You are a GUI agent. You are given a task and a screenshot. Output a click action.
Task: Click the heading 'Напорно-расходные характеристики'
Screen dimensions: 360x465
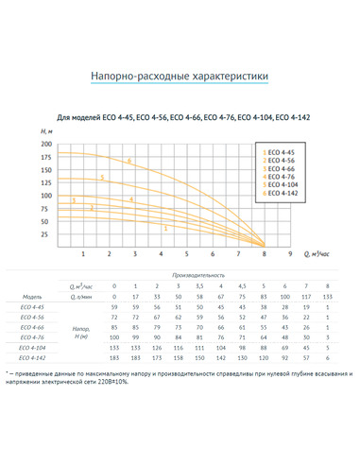pos(180,75)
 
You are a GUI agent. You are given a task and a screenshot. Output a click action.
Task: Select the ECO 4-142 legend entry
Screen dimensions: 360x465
pos(282,192)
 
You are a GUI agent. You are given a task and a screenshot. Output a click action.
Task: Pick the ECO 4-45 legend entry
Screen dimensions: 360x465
pos(281,151)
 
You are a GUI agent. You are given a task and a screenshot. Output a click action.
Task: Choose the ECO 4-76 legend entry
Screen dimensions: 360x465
pos(281,176)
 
